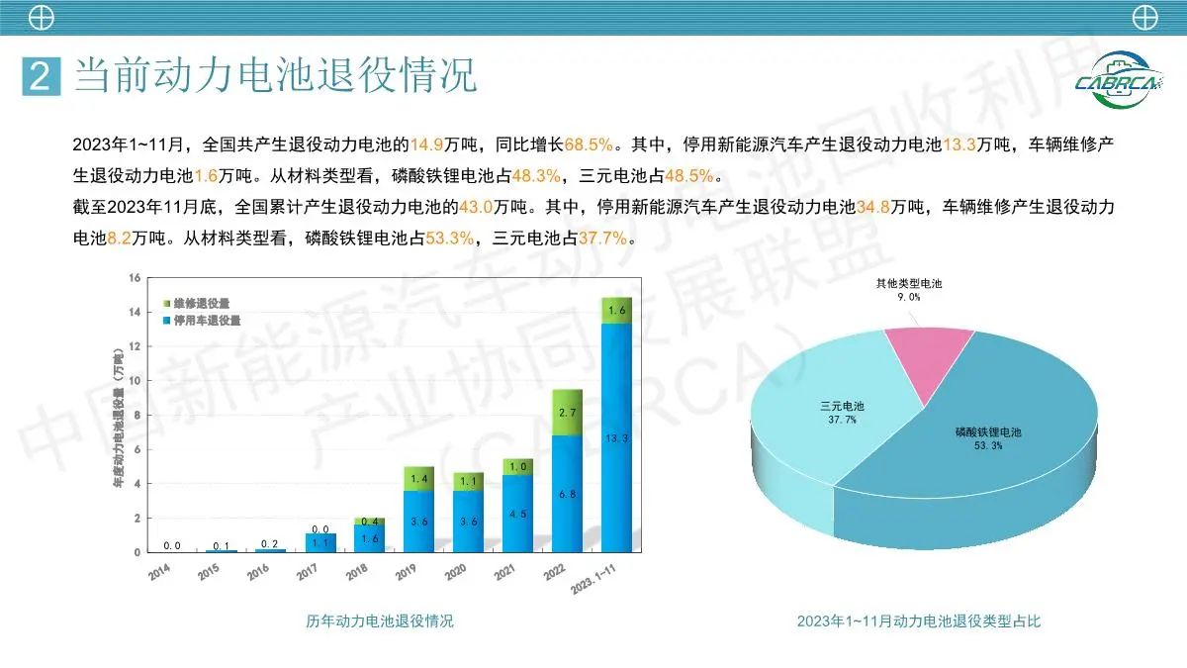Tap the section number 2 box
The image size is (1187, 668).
pyautogui.click(x=41, y=76)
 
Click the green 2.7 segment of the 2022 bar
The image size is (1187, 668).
pyautogui.click(x=567, y=412)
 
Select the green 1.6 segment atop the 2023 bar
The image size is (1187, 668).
pyautogui.click(x=616, y=311)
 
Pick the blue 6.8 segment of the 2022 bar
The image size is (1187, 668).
pyautogui.click(x=567, y=493)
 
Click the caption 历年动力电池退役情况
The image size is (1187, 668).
pyautogui.click(x=379, y=621)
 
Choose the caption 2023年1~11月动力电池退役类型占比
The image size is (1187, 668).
pyautogui.click(x=919, y=621)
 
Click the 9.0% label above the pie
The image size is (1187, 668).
pyautogui.click(x=909, y=296)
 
